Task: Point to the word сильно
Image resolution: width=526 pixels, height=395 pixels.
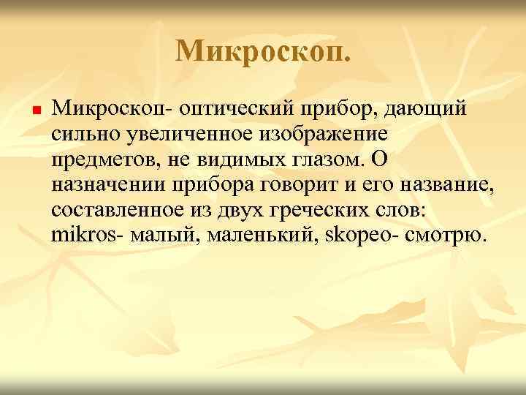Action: coord(81,135)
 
